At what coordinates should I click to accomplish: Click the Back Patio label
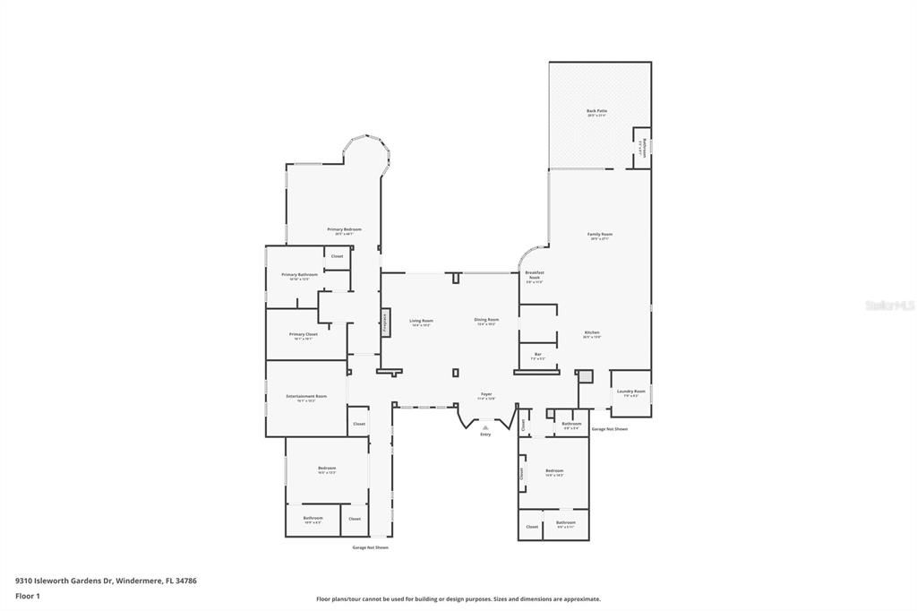596,112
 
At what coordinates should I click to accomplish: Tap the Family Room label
599,236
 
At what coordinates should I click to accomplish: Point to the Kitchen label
592,333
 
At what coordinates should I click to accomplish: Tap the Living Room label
421,322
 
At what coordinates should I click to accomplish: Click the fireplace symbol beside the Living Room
385,323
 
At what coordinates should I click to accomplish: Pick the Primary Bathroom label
299,276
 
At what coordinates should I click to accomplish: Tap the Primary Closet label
303,335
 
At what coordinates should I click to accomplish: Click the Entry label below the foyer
485,435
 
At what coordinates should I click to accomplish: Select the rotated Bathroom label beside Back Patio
641,148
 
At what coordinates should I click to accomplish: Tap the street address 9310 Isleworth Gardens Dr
106,581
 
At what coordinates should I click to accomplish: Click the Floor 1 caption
28,595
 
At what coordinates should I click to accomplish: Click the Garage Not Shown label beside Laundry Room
609,429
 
